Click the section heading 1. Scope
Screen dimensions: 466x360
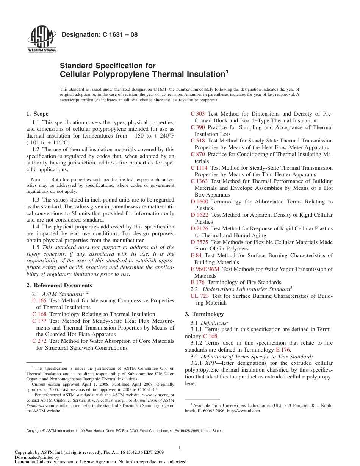[38, 114]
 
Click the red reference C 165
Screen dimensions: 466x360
[39, 300]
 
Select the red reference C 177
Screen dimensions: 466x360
[39, 321]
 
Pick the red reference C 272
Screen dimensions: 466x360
[39, 341]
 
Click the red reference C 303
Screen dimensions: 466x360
[198, 114]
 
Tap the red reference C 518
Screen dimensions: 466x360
[198, 141]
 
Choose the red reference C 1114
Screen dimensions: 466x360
[199, 168]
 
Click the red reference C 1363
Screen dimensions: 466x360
[199, 181]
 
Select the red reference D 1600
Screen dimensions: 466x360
[200, 202]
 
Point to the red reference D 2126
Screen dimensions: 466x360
[200, 228]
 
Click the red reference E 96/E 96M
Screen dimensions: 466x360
[205, 269]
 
